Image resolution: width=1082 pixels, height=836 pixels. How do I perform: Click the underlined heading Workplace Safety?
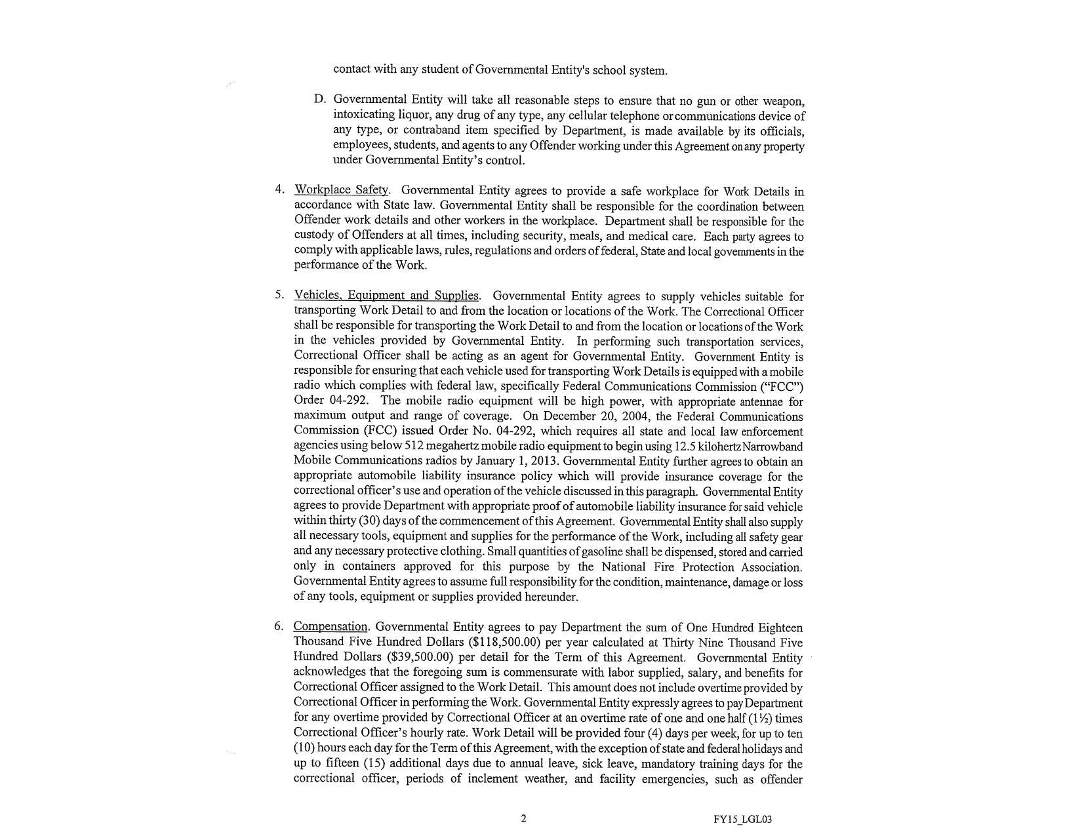point(342,190)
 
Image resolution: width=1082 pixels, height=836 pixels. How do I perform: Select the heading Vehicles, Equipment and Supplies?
point(386,296)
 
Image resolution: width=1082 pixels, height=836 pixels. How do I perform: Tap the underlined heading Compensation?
point(331,627)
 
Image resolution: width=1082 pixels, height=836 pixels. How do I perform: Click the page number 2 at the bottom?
point(523,818)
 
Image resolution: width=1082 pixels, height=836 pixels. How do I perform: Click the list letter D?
point(320,100)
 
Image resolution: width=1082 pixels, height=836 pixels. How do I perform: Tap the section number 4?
point(279,190)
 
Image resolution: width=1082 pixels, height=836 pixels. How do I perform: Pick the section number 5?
point(279,294)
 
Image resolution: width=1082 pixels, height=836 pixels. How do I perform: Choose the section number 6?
point(279,626)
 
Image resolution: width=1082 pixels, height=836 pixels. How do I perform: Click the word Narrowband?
point(771,447)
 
